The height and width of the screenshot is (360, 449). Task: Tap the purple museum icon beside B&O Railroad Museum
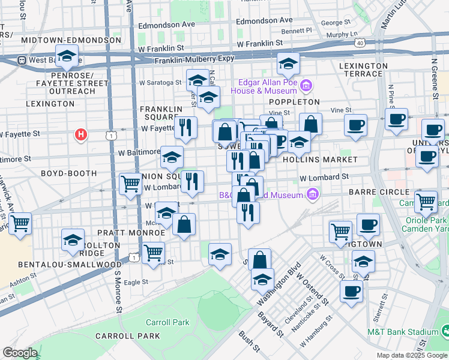tap(312, 194)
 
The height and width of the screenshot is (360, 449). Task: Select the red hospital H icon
tap(81, 134)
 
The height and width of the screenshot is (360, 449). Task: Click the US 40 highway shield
tap(360, 43)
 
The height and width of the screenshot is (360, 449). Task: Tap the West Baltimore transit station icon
tap(22, 61)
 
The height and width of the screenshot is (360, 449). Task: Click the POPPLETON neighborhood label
tap(299, 102)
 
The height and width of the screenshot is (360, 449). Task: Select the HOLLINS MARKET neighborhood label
tap(331, 160)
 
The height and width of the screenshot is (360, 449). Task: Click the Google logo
tap(20, 353)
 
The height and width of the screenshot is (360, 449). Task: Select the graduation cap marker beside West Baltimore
tap(68, 57)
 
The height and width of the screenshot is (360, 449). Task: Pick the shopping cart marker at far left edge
tap(20, 224)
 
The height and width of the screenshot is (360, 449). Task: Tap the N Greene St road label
tap(434, 78)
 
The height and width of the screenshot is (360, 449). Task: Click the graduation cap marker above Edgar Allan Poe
tap(288, 63)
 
